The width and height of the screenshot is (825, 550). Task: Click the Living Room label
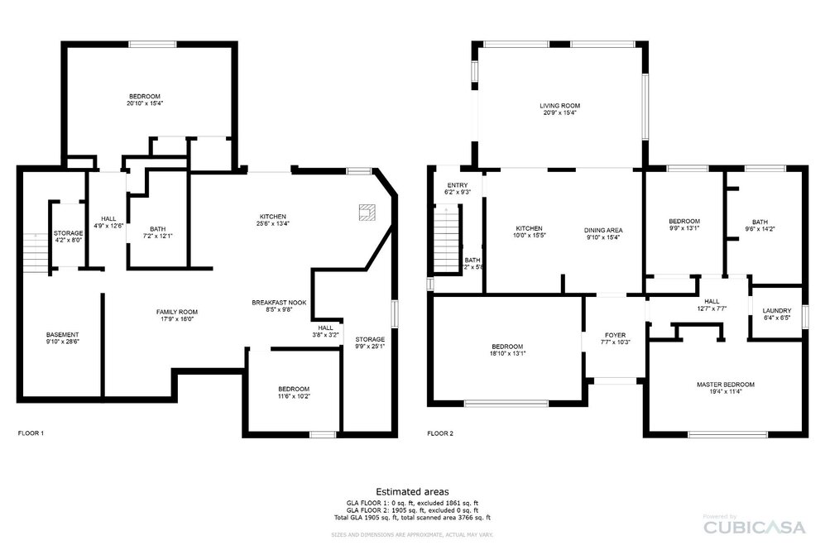click(x=559, y=106)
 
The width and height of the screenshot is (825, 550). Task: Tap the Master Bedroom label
click(x=725, y=385)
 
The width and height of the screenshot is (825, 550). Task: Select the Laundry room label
click(x=776, y=311)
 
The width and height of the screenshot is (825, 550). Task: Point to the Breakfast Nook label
click(x=279, y=303)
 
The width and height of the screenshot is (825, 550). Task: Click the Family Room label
click(x=177, y=312)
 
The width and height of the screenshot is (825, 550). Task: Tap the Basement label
click(x=62, y=335)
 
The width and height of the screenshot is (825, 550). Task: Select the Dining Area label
click(x=603, y=230)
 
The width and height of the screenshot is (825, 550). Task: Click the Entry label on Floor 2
click(x=458, y=185)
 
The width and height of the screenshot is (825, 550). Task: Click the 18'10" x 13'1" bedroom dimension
click(x=506, y=353)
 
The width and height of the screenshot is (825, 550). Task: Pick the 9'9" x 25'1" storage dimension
click(x=370, y=347)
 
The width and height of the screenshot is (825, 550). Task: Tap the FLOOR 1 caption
click(x=31, y=433)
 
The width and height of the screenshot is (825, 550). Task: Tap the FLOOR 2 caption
click(x=440, y=433)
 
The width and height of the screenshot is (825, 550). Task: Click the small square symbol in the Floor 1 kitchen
click(x=365, y=213)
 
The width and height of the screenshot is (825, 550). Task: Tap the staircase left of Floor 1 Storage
click(x=35, y=249)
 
